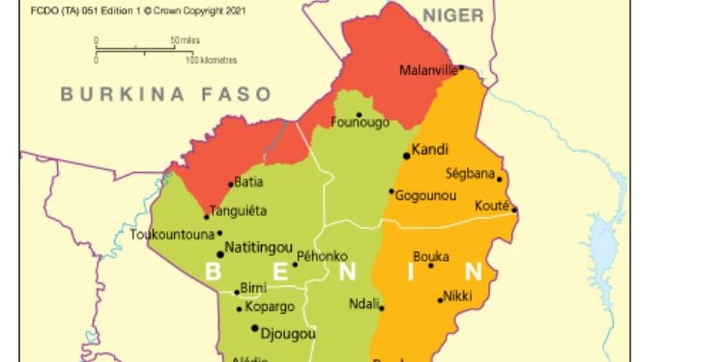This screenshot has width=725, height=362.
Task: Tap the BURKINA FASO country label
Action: coord(166,95)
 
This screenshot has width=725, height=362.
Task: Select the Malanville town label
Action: coord(428,70)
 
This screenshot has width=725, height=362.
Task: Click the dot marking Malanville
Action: coord(461,68)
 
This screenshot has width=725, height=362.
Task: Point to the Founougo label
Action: coord(360,123)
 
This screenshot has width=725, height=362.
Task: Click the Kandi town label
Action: coord(428,150)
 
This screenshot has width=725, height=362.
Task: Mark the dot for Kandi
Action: coord(407,155)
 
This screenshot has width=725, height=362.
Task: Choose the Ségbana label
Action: coord(470,175)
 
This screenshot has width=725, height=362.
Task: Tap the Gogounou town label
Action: coord(425,195)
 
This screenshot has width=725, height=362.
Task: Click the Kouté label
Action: coord(492,206)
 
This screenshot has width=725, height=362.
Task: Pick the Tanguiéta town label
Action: coord(239,210)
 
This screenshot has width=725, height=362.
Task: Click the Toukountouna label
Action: coord(173,233)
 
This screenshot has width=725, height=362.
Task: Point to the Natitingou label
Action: coord(259,248)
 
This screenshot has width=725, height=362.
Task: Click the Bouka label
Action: coord(430,257)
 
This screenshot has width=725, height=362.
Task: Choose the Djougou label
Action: coord(282,330)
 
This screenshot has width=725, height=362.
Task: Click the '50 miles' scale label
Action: coord(188,40)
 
